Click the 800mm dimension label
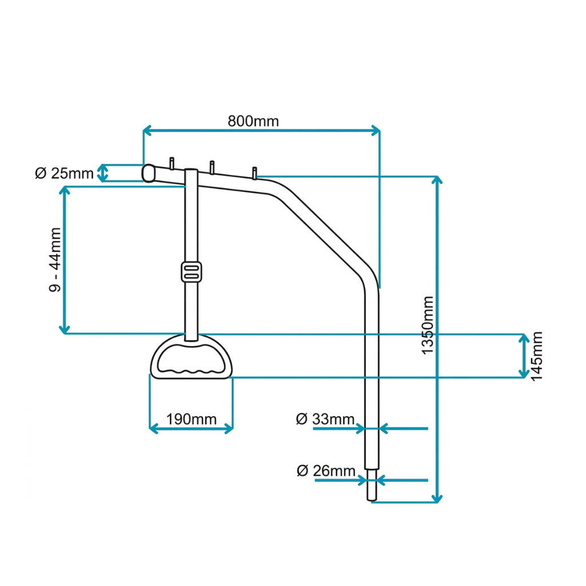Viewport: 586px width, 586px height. coord(254,121)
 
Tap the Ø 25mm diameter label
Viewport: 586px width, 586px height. coord(64,173)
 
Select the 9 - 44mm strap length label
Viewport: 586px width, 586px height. coord(56,259)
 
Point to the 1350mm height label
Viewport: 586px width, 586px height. coord(427,325)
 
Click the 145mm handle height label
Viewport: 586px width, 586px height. coord(537,356)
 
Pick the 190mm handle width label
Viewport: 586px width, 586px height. coord(191,419)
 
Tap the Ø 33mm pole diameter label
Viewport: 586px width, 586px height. coord(325,419)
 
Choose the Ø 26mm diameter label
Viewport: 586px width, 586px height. coord(326,470)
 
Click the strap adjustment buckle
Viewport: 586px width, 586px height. coord(191,272)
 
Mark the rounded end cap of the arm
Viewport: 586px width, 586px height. coord(148,173)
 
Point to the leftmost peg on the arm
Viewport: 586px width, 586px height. coord(172,163)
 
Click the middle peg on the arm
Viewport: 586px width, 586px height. coord(212,168)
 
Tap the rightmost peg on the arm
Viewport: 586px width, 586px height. coord(255,173)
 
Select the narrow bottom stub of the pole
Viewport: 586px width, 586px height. coord(372,485)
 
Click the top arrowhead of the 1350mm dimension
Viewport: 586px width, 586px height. coord(437,180)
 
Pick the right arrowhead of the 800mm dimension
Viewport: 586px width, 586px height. coord(375,130)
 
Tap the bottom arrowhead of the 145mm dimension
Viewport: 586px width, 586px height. coord(524,373)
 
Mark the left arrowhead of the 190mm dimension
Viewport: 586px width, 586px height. coord(153,429)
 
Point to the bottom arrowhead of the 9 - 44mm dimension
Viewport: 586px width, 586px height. coord(65,329)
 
